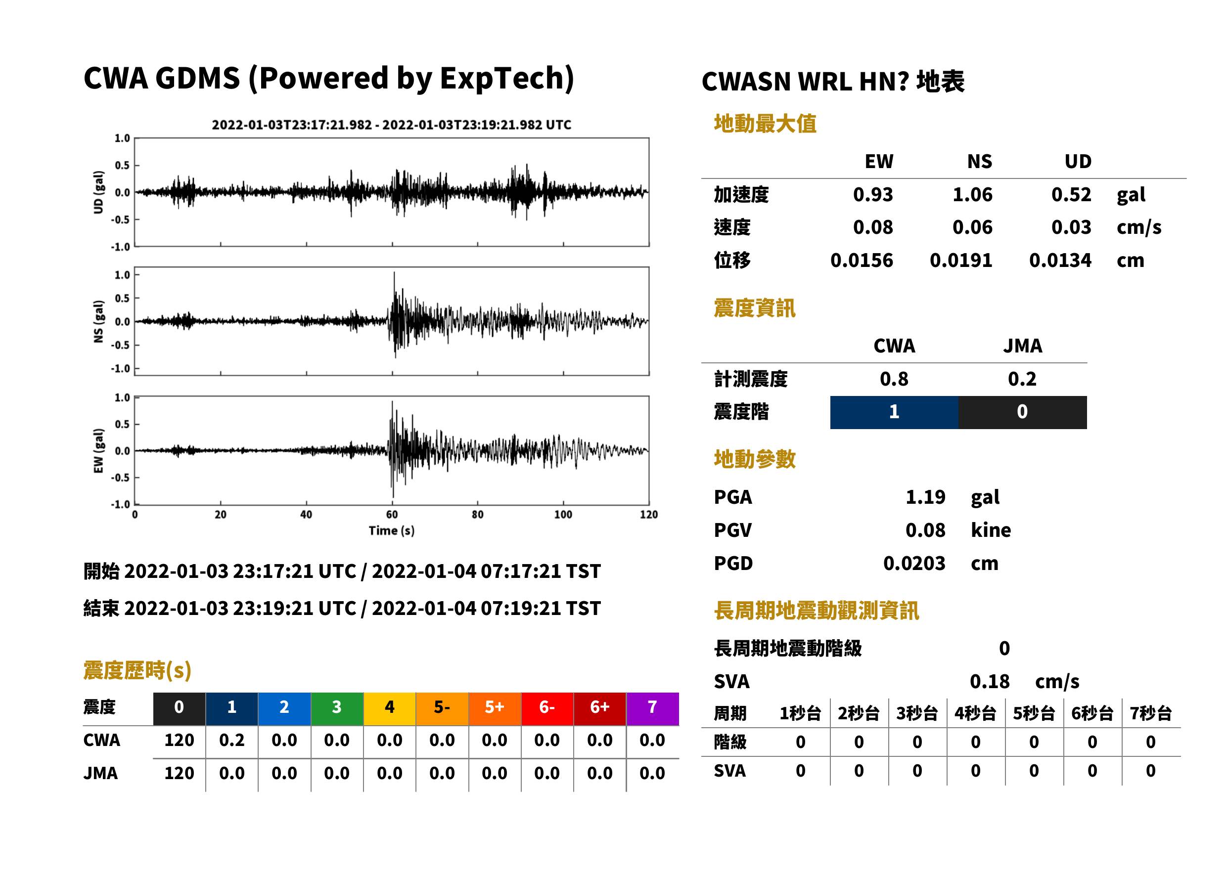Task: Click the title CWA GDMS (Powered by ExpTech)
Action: (x=328, y=79)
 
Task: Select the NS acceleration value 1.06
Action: (x=972, y=194)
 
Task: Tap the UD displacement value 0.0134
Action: (x=1060, y=261)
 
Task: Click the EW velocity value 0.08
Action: (x=872, y=227)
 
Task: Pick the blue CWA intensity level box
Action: (x=894, y=412)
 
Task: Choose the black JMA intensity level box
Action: (x=1022, y=412)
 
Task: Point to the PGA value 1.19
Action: (x=925, y=497)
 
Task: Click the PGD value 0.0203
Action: (x=914, y=563)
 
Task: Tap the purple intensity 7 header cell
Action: (x=652, y=708)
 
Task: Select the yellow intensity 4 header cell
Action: (x=390, y=708)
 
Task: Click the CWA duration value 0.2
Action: (x=231, y=740)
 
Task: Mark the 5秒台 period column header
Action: (x=1033, y=714)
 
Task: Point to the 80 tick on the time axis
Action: (x=478, y=515)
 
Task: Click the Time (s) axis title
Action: (x=392, y=531)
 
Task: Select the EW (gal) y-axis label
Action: (x=98, y=451)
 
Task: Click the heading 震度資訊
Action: (x=754, y=308)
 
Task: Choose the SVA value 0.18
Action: (x=990, y=681)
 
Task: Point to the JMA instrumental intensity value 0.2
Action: (x=1022, y=379)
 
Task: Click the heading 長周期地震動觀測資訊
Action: (x=817, y=611)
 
